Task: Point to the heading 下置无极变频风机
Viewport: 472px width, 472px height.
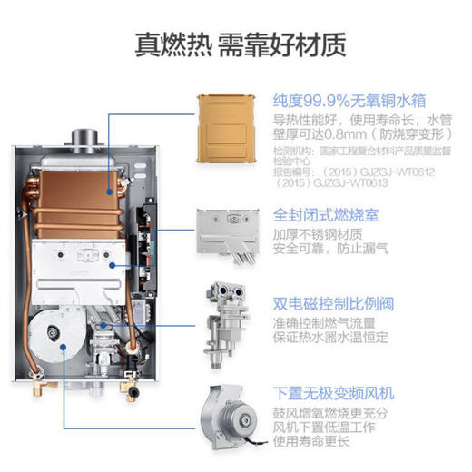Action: pos(335,393)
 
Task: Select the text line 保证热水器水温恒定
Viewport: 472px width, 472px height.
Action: pos(336,341)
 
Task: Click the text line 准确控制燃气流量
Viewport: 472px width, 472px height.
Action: pos(329,324)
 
